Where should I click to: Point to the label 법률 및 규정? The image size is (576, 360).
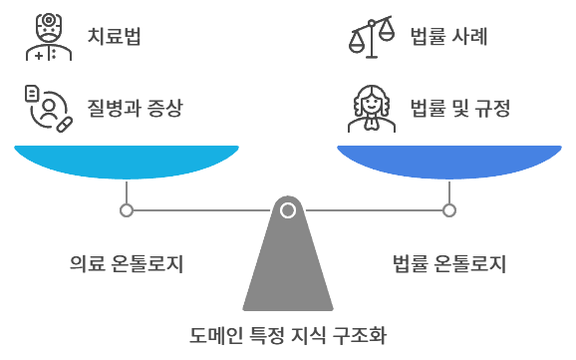(460, 107)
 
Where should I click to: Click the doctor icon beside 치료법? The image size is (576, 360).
(43, 38)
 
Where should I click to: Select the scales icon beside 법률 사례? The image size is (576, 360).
(371, 38)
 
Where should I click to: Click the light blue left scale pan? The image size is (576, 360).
(127, 162)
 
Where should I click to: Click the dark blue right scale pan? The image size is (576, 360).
(449, 162)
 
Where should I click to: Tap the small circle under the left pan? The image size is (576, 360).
(127, 210)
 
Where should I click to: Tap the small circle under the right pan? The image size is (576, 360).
(449, 210)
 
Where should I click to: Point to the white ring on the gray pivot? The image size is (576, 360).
(288, 210)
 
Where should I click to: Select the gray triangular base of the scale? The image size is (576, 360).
(288, 269)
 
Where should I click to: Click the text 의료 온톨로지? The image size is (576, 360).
(127, 264)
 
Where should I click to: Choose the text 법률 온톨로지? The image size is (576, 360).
(449, 264)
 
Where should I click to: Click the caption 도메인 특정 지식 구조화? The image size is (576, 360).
(287, 334)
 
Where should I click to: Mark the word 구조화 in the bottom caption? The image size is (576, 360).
(357, 334)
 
